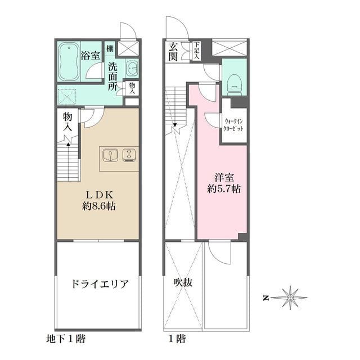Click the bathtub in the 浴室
pos(68,62)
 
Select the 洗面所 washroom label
pos(113,76)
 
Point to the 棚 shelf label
pos(110,48)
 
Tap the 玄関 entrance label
pos(172,51)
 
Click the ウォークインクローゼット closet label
pos(234,125)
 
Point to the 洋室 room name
pos(224,175)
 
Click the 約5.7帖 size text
pos(224,190)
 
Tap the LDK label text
pos(97,193)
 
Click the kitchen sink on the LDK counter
pos(110,154)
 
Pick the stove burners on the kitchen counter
pos(129,154)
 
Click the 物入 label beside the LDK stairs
pos(67,121)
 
